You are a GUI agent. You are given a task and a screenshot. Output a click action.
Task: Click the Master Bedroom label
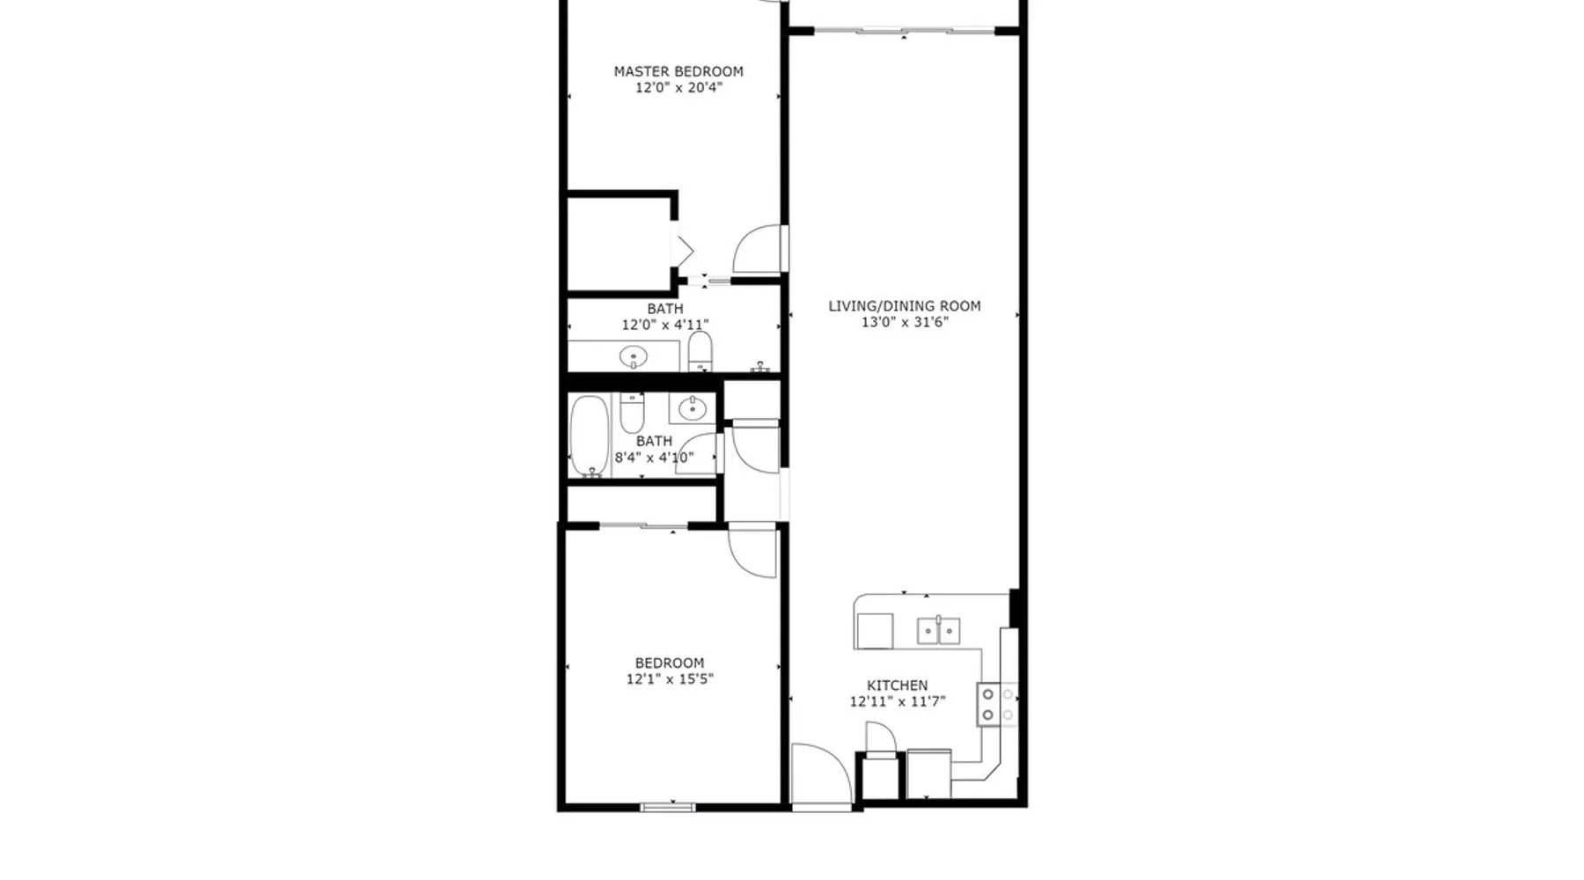tap(678, 71)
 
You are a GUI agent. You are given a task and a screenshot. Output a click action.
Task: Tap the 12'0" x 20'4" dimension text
tap(678, 87)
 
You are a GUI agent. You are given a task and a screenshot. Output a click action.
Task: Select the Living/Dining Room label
tap(905, 306)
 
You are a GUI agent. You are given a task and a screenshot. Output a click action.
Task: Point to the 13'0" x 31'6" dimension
tap(905, 322)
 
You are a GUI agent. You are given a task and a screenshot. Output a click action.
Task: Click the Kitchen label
tap(898, 686)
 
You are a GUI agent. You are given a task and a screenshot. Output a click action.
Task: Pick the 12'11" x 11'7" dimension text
tap(898, 701)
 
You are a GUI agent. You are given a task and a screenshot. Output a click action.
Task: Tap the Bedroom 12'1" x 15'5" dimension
tap(670, 678)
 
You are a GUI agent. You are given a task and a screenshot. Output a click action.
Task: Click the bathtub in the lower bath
tap(589, 436)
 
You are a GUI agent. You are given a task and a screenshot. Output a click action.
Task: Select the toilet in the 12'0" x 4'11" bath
tap(700, 351)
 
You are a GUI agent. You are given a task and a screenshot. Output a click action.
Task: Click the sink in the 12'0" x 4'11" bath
tap(634, 356)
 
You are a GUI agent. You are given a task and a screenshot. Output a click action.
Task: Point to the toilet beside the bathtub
tap(632, 412)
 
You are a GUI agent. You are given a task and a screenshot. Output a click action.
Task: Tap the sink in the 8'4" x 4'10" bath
tap(693, 408)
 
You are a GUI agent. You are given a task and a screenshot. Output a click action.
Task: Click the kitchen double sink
tap(939, 631)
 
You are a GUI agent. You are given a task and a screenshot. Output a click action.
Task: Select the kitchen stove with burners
tap(998, 704)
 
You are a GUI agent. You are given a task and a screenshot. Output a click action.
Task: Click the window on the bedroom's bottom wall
tap(668, 807)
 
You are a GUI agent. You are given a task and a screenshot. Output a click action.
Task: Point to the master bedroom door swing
tap(759, 248)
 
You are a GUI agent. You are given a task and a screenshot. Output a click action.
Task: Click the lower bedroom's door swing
tap(752, 551)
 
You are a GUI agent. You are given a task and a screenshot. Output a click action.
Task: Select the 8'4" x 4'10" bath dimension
tap(654, 458)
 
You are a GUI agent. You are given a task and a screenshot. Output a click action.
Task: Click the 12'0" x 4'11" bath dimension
tap(665, 325)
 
